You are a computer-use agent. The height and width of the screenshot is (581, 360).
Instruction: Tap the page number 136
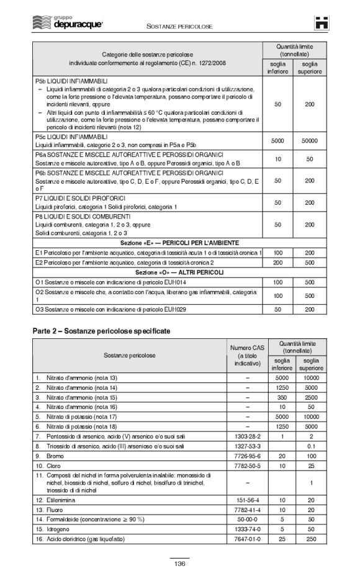coord(180,564)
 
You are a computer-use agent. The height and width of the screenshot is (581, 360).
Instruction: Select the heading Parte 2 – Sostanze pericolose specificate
coord(101,331)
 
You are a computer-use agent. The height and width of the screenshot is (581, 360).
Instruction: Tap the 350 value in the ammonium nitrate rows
coord(282,396)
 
